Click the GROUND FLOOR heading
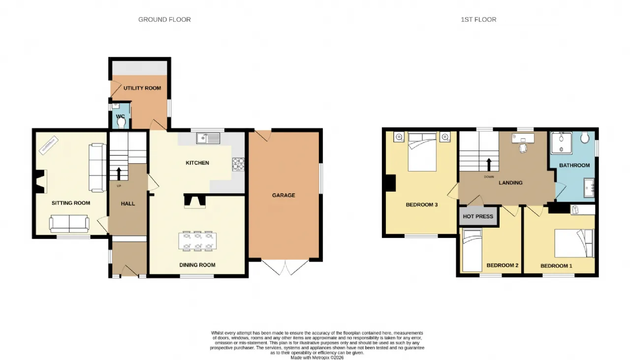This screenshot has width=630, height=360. pos(164,19)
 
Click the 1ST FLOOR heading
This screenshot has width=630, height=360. pos(478,19)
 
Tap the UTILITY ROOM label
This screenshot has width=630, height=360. pos(142,88)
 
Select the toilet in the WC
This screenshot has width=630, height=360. pos(121,123)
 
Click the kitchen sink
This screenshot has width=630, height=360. pos(208,138)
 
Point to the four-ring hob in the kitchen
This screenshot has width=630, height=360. pos(238,164)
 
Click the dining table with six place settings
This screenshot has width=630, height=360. pos(197,241)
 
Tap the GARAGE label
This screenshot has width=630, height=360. pos(283,195)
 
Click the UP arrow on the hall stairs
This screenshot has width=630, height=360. pos(119,174)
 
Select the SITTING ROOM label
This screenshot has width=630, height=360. pos(71,203)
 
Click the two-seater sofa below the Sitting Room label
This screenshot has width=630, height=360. pos(69,224)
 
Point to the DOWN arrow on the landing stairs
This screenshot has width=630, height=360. pos(489,165)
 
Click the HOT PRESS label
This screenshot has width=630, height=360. pos(478,216)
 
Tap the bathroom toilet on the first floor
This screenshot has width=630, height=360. pos(585,137)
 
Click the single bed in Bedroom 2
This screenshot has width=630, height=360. pos(472,251)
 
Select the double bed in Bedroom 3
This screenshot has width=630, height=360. pos(422,151)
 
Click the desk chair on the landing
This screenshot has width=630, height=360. pos(523,149)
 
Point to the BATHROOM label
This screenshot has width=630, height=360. pos(574,165)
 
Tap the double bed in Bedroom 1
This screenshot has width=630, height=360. pos(574,243)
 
